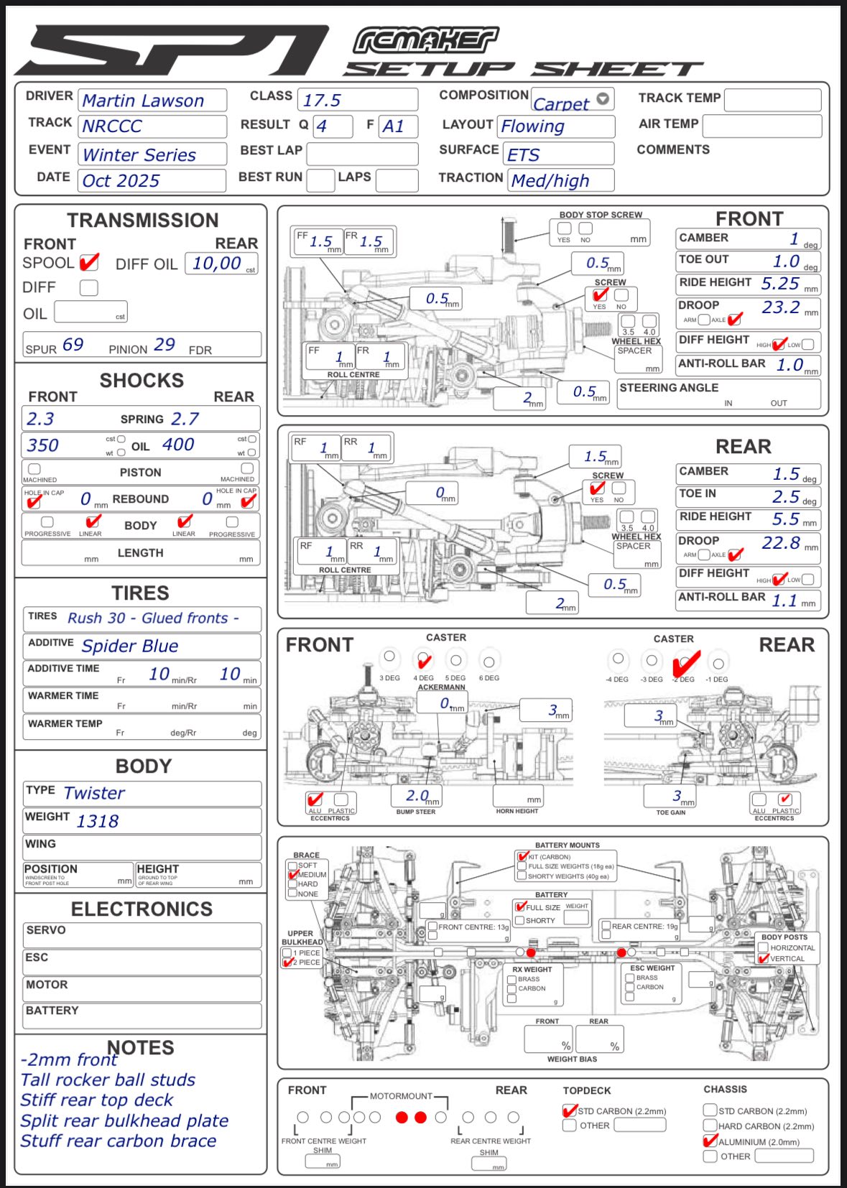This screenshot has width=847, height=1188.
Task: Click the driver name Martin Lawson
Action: pos(144,101)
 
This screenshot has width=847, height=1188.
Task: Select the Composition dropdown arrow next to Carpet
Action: pos(603,98)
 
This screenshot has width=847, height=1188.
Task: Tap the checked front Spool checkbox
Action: pos(88,263)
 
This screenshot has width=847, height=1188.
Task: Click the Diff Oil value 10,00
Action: pos(217,264)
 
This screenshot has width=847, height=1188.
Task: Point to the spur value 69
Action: pos(73,345)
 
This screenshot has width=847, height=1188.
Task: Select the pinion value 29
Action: pos(165,345)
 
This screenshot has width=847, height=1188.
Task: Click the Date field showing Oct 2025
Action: pos(121,181)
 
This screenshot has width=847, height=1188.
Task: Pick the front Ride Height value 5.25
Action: pos(780,284)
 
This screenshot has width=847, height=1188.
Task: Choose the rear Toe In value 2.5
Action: pos(786,496)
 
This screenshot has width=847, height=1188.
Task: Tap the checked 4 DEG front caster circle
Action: pos(423,659)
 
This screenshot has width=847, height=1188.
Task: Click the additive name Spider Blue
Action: pos(130,646)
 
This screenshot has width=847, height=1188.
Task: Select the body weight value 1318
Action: pos(98,821)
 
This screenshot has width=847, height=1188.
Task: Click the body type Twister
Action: pos(94,793)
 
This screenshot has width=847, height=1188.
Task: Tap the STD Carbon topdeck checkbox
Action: pos(570,1110)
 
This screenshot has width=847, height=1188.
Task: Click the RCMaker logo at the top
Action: pos(425,41)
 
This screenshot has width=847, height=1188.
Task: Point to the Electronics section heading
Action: pos(142,909)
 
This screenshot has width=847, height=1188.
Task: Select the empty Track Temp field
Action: pos(772,99)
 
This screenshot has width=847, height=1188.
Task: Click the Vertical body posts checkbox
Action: pos(764,958)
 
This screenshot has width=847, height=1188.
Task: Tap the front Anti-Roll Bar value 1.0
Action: pos(790,365)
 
